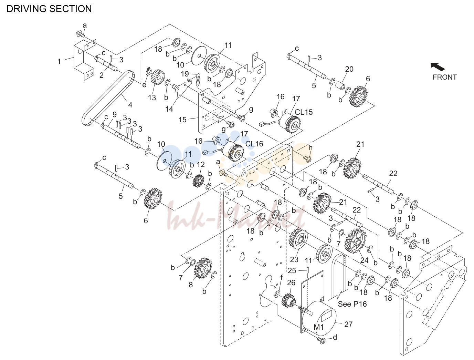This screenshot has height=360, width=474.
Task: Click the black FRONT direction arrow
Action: point(438,66)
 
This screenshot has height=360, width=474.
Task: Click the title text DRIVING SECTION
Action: point(49,9)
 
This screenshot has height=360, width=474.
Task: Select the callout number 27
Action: point(348,325)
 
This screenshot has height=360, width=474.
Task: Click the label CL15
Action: point(304,112)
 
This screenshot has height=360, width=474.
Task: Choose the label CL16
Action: point(254,144)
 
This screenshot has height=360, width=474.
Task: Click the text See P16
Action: point(352,304)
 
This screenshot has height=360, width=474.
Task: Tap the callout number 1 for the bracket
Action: point(59,62)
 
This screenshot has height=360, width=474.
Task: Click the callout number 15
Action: point(182,120)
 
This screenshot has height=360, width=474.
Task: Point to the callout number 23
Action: point(294,259)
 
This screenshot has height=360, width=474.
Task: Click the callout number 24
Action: point(364,260)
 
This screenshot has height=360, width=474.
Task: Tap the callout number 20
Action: point(349,69)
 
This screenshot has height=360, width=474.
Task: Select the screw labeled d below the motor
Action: point(322,341)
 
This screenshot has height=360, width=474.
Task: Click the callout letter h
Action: point(310,148)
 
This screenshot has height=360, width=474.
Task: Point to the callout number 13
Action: point(152,98)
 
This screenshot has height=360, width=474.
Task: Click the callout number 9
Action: point(114,114)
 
